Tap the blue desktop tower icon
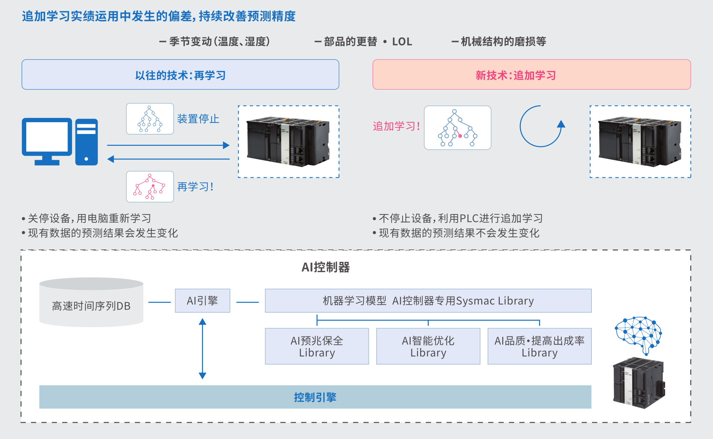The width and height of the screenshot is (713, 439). [x=86, y=142]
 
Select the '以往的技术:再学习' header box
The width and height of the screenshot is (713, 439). [x=180, y=75]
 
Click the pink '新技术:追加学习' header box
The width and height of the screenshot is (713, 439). [x=531, y=75]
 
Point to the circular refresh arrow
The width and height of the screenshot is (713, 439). [x=541, y=126]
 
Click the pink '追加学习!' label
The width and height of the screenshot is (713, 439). [x=396, y=126]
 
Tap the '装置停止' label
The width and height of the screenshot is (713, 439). [x=198, y=119]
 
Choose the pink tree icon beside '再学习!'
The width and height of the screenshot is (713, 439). [x=150, y=186]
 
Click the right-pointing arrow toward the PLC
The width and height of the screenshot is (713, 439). [x=168, y=145]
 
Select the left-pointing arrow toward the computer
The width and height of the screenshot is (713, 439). [x=168, y=159]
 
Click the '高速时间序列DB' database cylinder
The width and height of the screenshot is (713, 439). [x=91, y=303]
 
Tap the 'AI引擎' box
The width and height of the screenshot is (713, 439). [x=202, y=300]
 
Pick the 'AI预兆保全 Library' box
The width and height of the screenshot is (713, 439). [x=317, y=346]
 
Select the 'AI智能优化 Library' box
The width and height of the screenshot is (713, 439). [x=428, y=346]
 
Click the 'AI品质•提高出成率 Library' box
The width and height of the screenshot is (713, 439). [x=539, y=346]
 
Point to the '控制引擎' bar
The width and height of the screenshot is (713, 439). [x=315, y=397]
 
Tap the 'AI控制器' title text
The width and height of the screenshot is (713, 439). [x=325, y=267]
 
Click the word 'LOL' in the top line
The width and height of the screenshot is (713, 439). [x=402, y=42]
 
